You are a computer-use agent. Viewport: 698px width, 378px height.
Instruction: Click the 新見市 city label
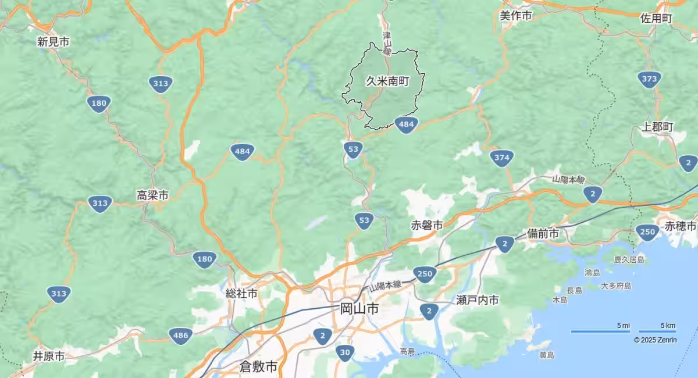[x=53, y=41]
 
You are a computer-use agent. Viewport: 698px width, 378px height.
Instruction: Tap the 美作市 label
[x=516, y=16]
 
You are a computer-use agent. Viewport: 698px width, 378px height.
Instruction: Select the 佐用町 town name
[x=656, y=18]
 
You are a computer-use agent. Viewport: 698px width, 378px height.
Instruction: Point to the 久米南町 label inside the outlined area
[x=387, y=81]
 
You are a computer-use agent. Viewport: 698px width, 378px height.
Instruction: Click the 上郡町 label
[x=658, y=127]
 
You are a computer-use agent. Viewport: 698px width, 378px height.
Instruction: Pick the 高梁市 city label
[x=152, y=195]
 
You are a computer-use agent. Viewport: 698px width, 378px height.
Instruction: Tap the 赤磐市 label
[x=427, y=225]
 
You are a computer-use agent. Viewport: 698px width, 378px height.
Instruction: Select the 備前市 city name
[x=543, y=233]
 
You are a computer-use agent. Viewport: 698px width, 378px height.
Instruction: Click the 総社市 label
[x=241, y=294]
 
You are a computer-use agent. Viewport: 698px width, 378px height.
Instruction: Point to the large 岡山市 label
[x=359, y=308]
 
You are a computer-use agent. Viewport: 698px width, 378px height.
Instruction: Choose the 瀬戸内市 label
[x=478, y=300]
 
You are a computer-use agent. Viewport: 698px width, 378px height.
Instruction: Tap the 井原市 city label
[x=49, y=356]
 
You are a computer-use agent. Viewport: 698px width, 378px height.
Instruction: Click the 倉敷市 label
[x=258, y=366]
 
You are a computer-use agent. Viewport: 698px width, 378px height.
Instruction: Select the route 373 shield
[x=650, y=79]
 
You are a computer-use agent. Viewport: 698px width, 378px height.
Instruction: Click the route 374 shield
[x=501, y=158]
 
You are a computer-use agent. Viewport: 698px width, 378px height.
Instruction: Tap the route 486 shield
[x=180, y=336]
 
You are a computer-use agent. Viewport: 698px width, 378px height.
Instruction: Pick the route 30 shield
[x=345, y=352]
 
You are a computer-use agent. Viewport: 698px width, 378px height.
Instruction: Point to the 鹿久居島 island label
[x=629, y=259]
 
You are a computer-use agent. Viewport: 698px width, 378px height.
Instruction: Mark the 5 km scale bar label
[x=668, y=325]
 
